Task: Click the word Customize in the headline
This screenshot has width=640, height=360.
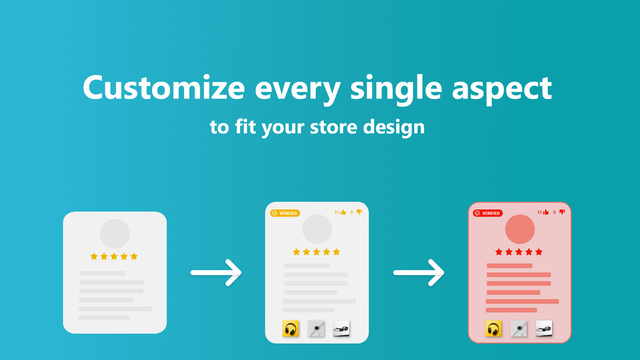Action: point(163,88)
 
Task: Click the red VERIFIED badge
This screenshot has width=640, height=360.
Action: point(487,213)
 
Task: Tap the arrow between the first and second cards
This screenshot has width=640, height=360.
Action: point(216,272)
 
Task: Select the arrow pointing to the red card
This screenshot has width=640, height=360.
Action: point(419,272)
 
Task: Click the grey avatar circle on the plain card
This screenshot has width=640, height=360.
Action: point(114,233)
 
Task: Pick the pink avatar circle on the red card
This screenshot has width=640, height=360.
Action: point(520,229)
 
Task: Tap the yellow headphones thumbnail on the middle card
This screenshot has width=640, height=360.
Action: point(290,329)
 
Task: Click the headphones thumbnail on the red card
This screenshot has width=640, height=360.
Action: point(493,329)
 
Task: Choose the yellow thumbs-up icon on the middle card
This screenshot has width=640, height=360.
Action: point(343,212)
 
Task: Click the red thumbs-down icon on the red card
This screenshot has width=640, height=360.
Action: point(562,212)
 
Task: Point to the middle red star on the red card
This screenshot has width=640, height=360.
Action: point(518,252)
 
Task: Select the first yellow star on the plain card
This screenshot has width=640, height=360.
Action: point(94,256)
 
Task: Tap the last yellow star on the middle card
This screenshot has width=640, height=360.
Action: point(336,252)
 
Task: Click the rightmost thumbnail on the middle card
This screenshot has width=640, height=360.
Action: point(341,328)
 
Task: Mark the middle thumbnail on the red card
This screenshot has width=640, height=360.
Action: point(518,329)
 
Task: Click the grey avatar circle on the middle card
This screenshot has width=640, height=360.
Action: point(317,229)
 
